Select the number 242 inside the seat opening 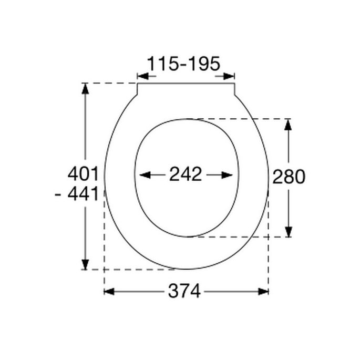tap(186, 174)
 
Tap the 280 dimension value tap(289, 177)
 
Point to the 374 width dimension tap(184, 291)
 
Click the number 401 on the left tap(83, 173)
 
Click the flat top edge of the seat tap(186, 83)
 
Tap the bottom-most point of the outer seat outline tap(187, 270)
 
